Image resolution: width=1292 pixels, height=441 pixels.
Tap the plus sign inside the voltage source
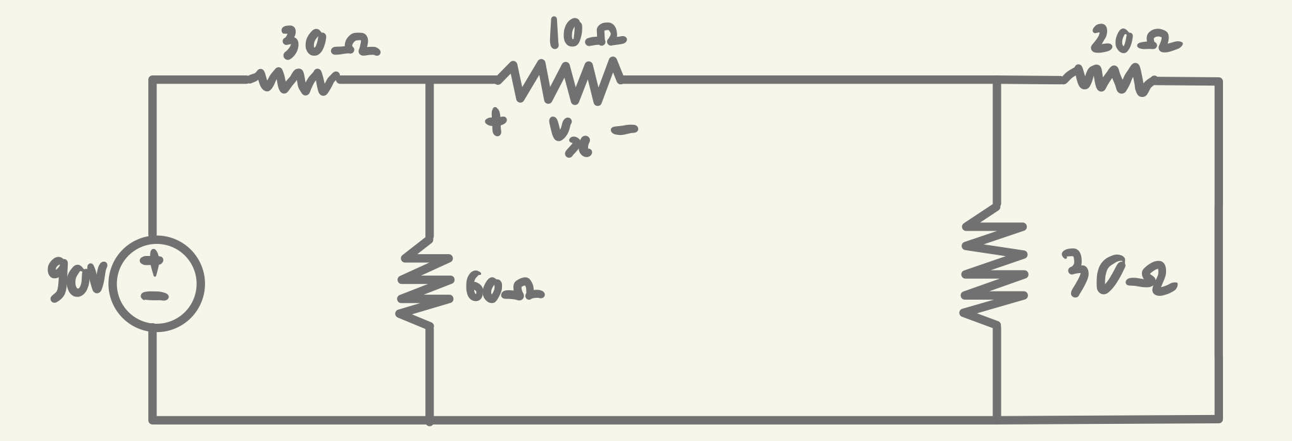pos(152,261)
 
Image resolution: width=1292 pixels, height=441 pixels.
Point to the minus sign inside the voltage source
pos(154,296)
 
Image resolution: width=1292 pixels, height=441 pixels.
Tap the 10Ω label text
pos(587,33)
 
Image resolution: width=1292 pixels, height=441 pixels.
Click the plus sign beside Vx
pos(496,122)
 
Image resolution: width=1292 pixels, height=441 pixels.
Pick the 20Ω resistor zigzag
pos(1109,80)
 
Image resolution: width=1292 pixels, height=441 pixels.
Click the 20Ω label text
pos(1134,42)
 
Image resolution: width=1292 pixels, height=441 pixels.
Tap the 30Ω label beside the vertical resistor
pos(1118,274)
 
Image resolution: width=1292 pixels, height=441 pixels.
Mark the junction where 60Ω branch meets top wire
pos(429,80)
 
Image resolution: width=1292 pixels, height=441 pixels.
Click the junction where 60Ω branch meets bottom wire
pos(429,419)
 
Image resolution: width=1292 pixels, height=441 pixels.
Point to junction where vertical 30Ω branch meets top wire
pos(997,80)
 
